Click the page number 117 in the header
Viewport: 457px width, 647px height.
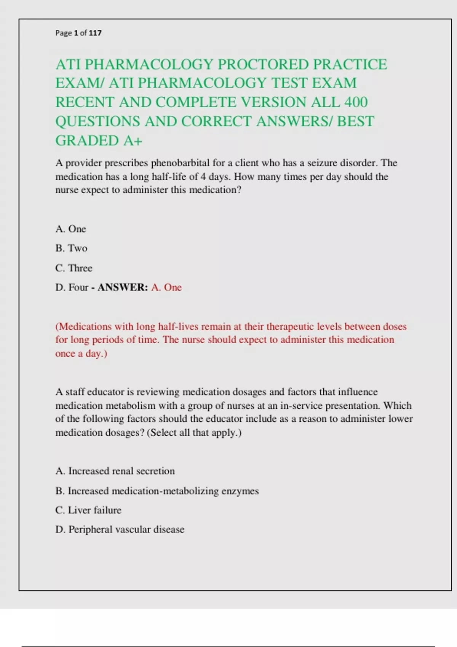tap(95, 33)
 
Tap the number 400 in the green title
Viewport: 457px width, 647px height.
tap(356, 102)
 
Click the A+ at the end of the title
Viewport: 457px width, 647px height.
tap(133, 141)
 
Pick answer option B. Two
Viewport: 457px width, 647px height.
tap(71, 248)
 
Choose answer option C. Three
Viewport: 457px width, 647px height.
tap(74, 268)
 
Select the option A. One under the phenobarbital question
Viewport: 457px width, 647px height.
tap(71, 229)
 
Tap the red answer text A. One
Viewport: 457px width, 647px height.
tap(166, 287)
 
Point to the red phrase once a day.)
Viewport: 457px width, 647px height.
tap(81, 354)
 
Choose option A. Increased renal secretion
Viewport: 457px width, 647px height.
tap(115, 471)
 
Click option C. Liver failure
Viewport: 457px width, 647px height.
tap(88, 510)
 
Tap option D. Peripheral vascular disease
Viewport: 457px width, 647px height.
tap(120, 530)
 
